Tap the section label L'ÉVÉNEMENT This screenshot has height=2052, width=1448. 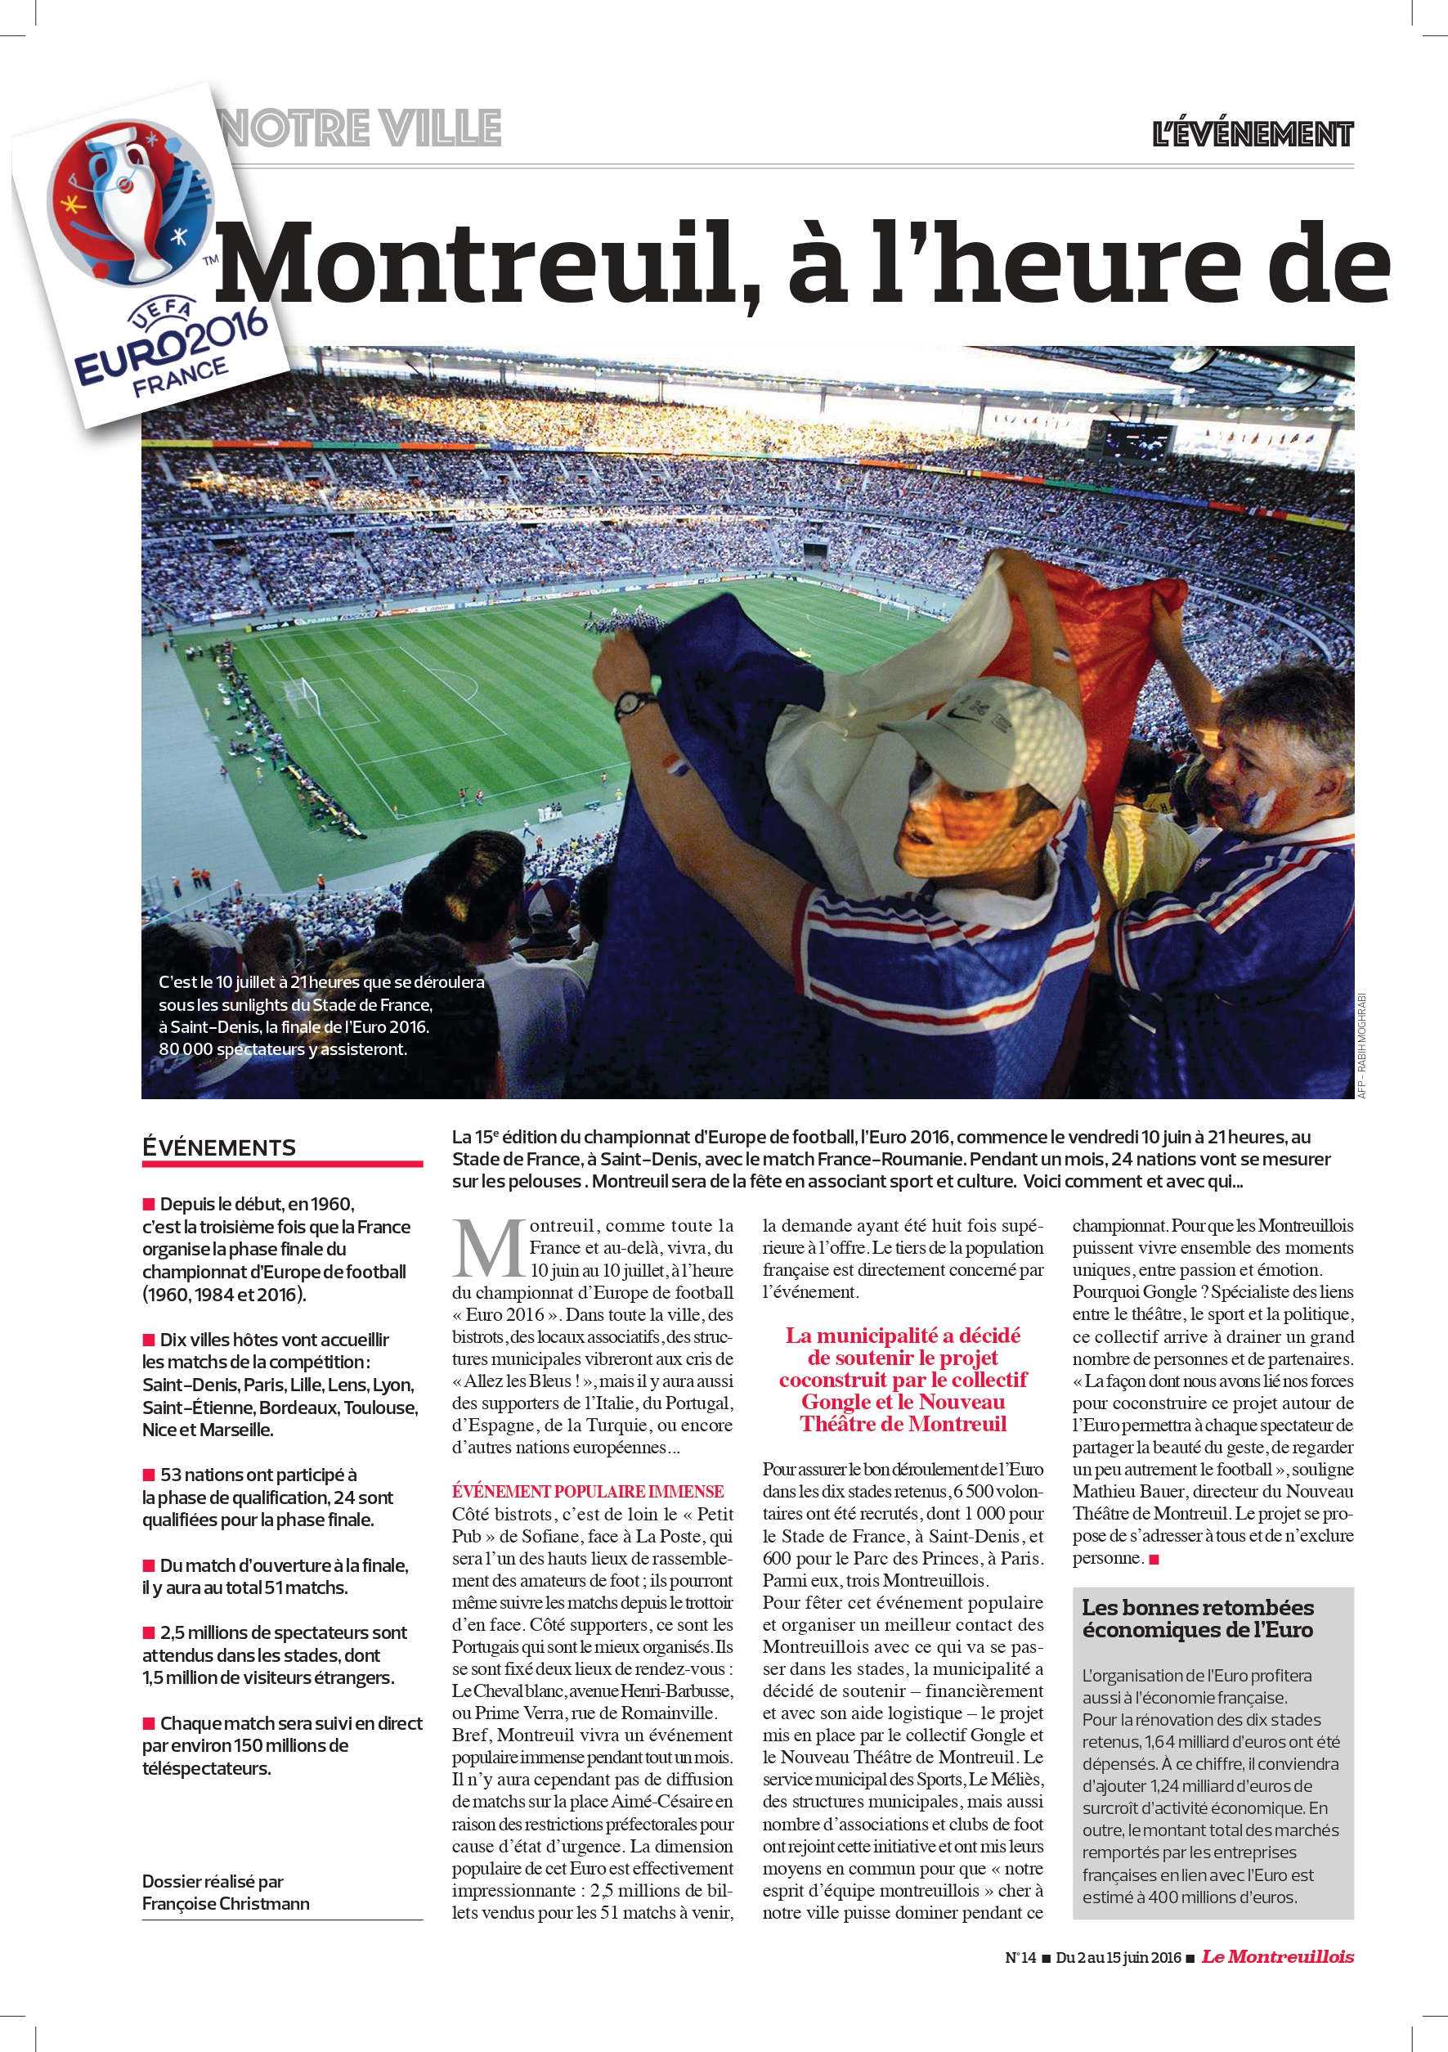(1252, 134)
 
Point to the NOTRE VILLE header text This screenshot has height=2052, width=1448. (361, 128)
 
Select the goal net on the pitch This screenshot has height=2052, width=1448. (302, 696)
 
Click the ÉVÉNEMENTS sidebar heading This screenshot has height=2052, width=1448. (219, 1147)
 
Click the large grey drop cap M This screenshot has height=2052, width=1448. (488, 1250)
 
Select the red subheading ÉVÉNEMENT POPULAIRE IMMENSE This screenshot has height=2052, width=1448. (587, 1491)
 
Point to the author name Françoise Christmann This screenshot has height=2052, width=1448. (226, 1904)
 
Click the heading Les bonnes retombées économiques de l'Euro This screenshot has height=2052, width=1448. (1197, 1618)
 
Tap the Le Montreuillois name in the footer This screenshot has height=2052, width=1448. (1277, 1956)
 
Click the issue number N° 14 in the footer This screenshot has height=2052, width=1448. (1020, 1957)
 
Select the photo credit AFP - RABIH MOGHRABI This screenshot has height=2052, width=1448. (1362, 1046)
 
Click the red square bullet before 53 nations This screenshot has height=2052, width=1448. (149, 1475)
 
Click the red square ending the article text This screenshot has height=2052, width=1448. (1153, 1560)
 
